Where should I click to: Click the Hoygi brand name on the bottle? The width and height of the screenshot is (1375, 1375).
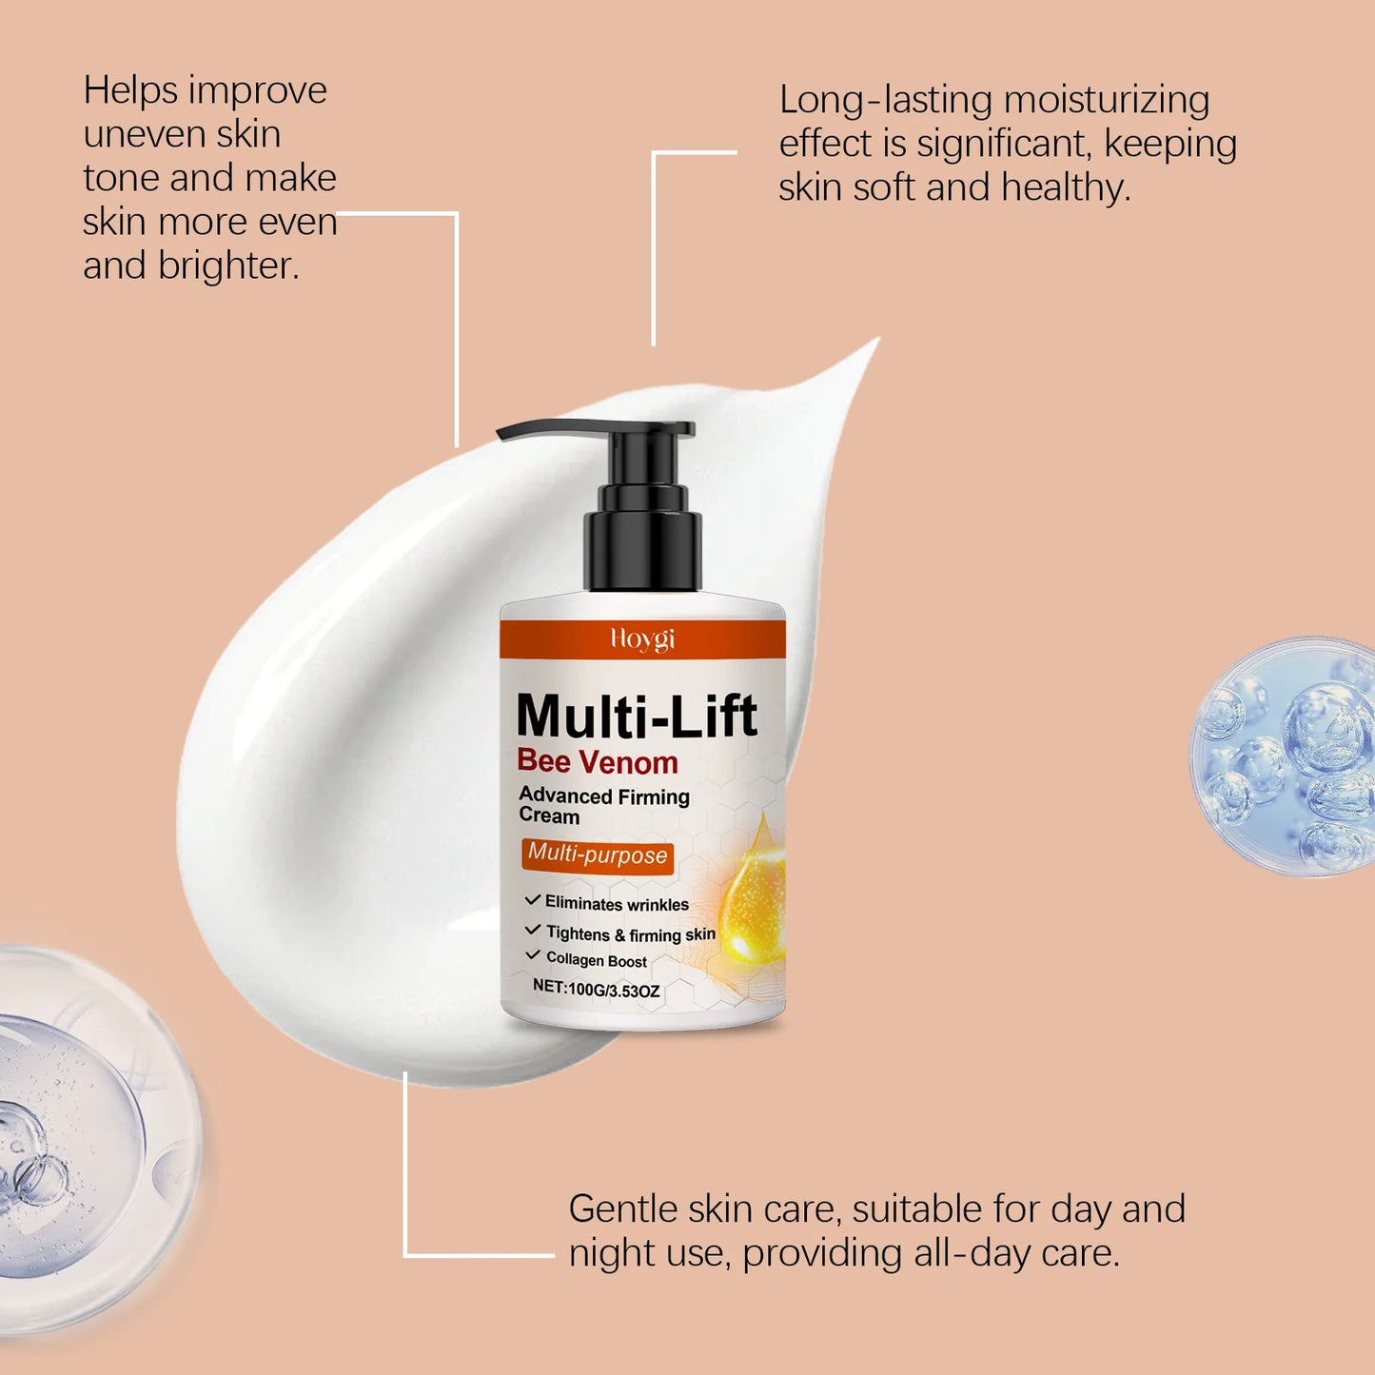642,638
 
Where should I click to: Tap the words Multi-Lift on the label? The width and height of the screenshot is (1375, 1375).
636,716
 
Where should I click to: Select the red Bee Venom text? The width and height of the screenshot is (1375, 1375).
598,762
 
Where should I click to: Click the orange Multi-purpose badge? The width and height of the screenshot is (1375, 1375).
598,854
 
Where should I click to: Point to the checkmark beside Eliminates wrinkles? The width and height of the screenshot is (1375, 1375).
533,900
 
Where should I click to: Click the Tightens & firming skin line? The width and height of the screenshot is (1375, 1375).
630,934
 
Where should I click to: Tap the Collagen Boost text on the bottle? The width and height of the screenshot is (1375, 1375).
596,961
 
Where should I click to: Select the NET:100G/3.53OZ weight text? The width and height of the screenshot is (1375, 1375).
596,990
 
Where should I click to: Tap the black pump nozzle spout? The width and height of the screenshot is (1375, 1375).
542,431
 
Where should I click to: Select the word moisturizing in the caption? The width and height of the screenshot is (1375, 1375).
1106,101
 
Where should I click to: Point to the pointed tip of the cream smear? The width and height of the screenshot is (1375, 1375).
871,346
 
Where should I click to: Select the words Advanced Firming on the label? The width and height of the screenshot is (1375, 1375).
604,796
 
